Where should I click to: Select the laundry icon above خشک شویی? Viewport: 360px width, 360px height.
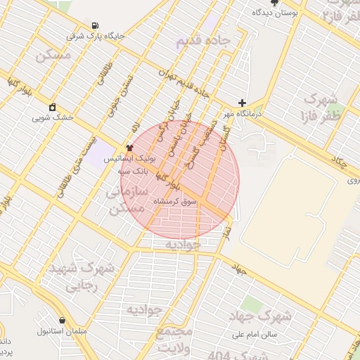click(x=52, y=108)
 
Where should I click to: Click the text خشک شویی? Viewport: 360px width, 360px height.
click(x=52, y=118)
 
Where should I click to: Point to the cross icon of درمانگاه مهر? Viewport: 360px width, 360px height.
click(x=242, y=103)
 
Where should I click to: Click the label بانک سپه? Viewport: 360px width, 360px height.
click(x=132, y=171)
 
